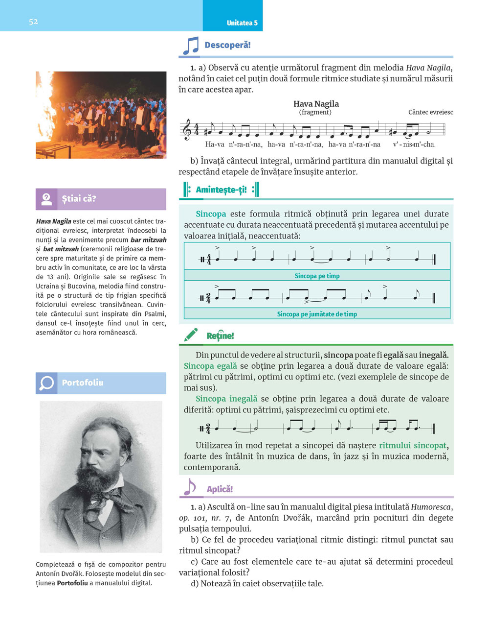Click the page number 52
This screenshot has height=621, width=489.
[33, 22]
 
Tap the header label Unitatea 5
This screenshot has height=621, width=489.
[242, 23]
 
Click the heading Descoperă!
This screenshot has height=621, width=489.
[227, 45]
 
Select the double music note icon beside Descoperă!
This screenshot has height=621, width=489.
[191, 46]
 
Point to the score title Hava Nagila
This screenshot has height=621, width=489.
[316, 104]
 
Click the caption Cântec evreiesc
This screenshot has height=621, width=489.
[430, 112]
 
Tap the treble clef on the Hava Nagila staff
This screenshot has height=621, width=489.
[187, 131]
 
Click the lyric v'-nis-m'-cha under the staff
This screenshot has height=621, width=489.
[414, 144]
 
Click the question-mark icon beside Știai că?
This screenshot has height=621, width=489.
[46, 199]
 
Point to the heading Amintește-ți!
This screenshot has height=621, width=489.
[221, 190]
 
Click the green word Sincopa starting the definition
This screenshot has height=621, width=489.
[211, 214]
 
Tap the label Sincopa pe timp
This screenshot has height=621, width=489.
[317, 276]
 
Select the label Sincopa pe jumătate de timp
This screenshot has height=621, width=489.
[317, 314]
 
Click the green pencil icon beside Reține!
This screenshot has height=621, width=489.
[191, 335]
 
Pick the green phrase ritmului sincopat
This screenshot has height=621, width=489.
[413, 446]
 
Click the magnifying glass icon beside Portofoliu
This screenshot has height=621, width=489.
[46, 383]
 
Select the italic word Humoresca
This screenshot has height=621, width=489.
[431, 507]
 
